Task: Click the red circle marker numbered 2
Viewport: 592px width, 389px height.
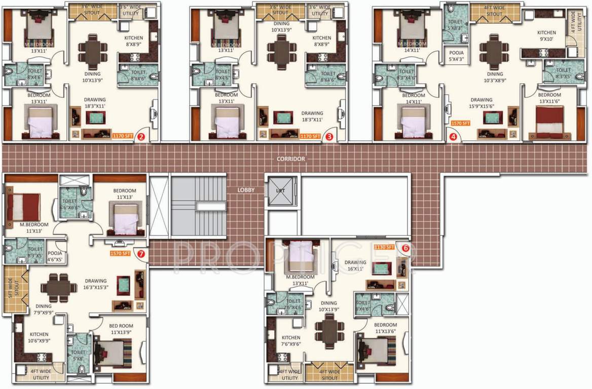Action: [142, 136]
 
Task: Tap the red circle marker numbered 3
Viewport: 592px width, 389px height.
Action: [329, 136]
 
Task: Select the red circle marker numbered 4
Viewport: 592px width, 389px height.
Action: [453, 136]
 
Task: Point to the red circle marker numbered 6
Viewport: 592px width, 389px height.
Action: [405, 248]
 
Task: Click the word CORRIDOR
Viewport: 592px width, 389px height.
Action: [291, 159]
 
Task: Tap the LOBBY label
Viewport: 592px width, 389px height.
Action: [246, 190]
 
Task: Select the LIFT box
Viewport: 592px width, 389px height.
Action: [280, 190]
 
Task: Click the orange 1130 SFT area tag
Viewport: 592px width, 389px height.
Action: [384, 247]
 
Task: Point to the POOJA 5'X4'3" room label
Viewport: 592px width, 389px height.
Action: [453, 55]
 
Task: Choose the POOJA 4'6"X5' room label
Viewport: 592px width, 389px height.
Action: [55, 256]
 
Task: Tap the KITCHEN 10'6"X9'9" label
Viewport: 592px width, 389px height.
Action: [39, 337]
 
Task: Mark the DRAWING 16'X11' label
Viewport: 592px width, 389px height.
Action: [355, 265]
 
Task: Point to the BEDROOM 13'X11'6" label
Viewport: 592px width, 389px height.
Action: [549, 98]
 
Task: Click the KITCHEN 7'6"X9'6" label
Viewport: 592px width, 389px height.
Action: [291, 341]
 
